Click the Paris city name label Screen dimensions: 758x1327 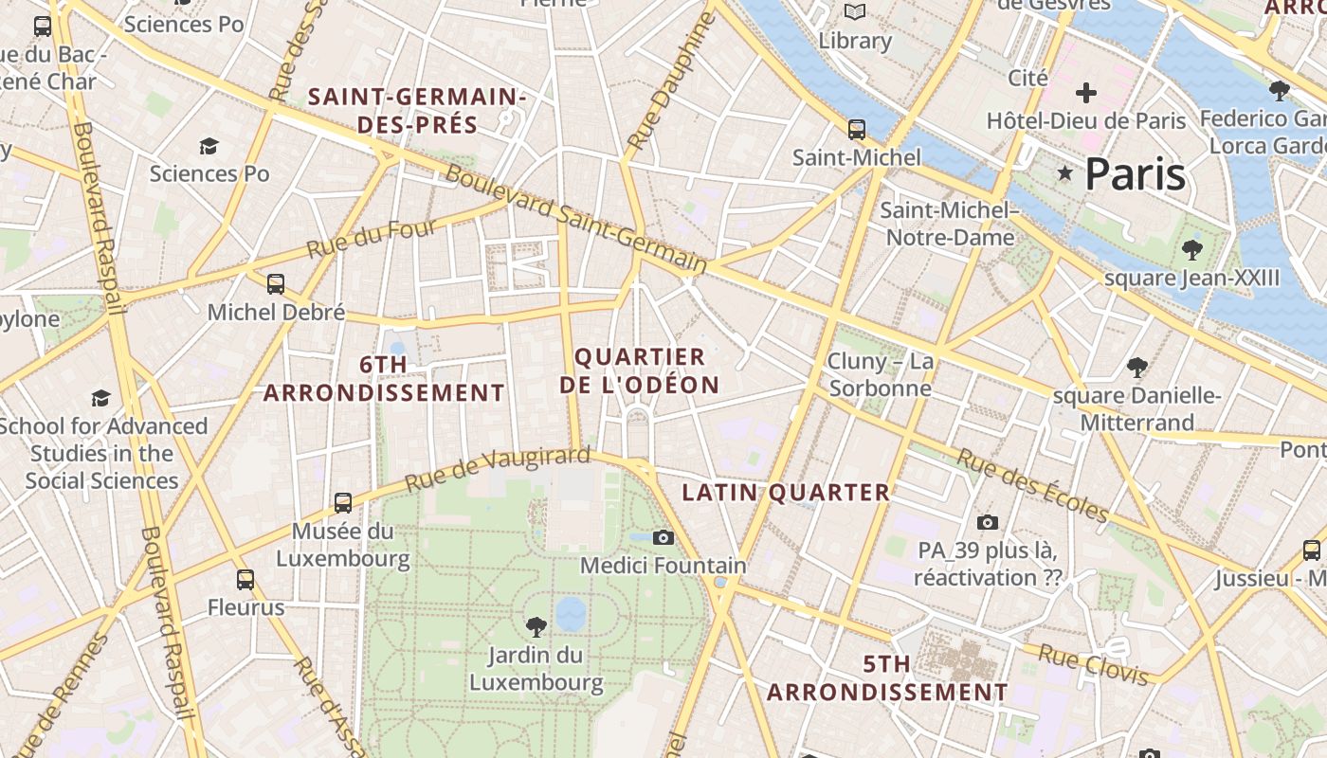click(1135, 174)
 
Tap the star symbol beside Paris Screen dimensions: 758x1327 click(1065, 173)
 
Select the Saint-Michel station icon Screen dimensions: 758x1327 click(857, 130)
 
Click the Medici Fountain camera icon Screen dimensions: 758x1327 click(663, 537)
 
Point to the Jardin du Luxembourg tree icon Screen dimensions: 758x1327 click(536, 625)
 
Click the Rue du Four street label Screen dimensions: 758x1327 click(372, 239)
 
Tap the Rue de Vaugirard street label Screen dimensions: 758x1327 click(498, 468)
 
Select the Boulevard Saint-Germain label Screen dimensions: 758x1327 click(576, 220)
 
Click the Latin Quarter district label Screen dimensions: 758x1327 click(786, 493)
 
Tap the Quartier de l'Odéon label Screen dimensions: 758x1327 click(640, 370)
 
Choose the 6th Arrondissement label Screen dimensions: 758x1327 click(384, 378)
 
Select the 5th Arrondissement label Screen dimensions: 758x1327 click(887, 678)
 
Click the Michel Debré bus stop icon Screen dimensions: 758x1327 click(276, 283)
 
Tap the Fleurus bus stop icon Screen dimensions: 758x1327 click(245, 579)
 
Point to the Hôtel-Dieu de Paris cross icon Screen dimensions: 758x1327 click(1086, 93)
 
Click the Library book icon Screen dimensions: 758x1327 click(855, 12)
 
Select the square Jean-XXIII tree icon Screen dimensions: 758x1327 click(1191, 250)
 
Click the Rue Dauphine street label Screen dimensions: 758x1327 click(668, 82)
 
